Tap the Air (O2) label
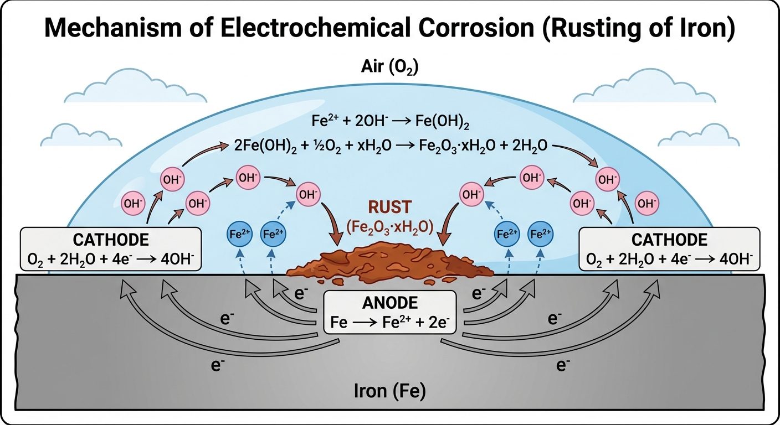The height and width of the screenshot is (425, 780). (x=389, y=68)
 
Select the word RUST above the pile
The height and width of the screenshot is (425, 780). (x=391, y=208)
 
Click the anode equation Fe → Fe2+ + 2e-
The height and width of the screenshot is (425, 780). (x=389, y=322)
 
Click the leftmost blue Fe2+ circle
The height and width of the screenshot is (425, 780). (x=240, y=234)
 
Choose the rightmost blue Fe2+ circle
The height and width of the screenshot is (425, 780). (x=539, y=234)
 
